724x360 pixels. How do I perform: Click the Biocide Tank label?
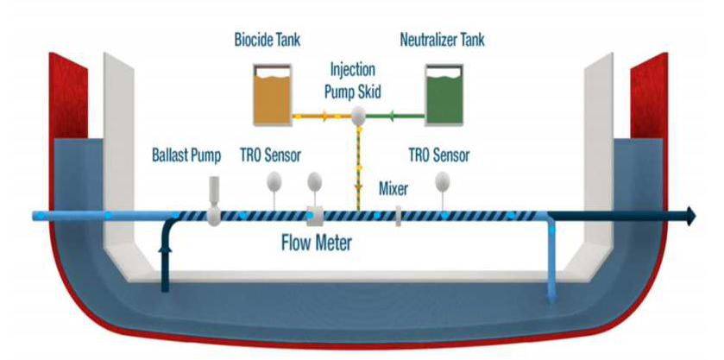point(266,40)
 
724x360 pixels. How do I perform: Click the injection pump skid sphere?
point(358,114)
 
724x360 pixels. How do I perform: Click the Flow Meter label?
point(317,243)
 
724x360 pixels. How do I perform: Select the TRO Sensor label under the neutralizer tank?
point(439,156)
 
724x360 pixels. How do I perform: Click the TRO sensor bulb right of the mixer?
point(443,181)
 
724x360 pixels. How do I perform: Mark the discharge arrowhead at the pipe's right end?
point(689,216)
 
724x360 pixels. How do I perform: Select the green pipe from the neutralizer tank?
point(396,114)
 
